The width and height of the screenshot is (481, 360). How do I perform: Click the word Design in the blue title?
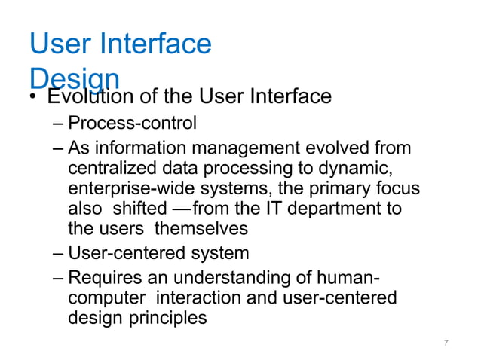click(74, 76)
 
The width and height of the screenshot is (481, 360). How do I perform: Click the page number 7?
click(446, 343)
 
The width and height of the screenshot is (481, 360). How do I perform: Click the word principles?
click(170, 319)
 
